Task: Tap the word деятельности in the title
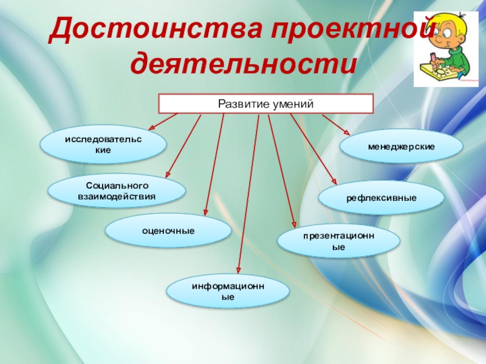243,63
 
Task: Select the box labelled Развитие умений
265,104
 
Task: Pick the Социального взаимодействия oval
117,191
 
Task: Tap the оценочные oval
168,231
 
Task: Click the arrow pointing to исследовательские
162,121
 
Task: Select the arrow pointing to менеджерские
336,124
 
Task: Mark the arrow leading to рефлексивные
313,148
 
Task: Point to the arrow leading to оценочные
214,164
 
